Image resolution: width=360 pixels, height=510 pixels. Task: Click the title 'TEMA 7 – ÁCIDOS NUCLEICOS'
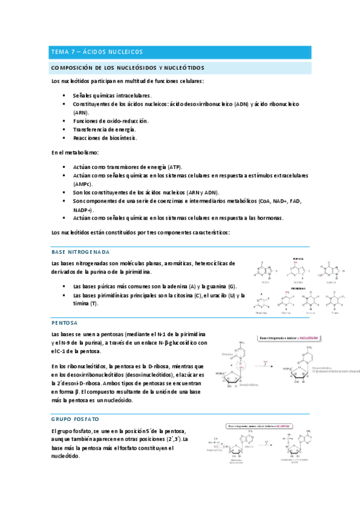(x=97, y=52)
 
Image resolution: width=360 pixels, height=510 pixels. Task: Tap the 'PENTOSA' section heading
(x=64, y=322)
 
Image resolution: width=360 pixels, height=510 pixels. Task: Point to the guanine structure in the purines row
(x=331, y=271)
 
